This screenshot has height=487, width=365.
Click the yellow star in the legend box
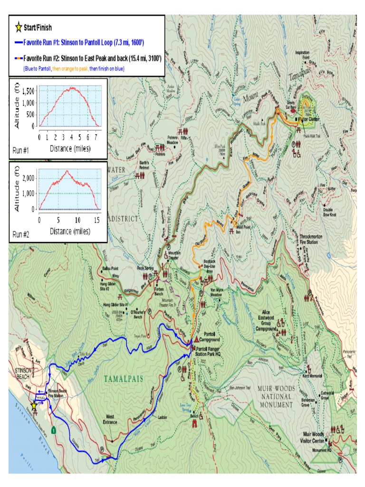pyautogui.click(x=18, y=28)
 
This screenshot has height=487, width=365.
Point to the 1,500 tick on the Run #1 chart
pyautogui.click(x=28, y=90)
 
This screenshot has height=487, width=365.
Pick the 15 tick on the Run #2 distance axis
pyautogui.click(x=97, y=220)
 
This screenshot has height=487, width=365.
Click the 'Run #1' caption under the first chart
pyautogui.click(x=21, y=150)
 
